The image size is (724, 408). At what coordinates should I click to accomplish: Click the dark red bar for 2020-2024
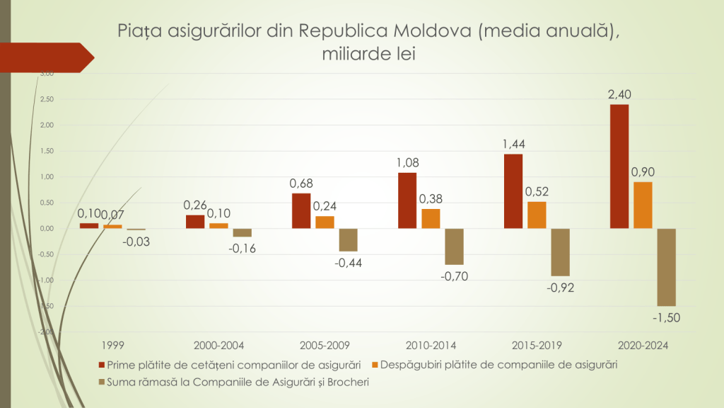[619, 166]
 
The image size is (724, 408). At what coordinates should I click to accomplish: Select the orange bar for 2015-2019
[537, 215]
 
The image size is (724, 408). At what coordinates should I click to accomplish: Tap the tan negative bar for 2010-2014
[454, 246]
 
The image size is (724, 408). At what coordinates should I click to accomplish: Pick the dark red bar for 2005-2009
[300, 211]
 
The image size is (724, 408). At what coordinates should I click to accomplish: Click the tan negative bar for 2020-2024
[666, 267]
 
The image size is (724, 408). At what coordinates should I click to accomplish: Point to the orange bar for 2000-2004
[218, 226]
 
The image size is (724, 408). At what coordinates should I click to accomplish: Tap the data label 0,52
[537, 191]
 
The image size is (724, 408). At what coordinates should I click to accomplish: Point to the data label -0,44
[348, 263]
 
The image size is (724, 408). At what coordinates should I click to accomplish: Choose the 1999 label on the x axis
[112, 346]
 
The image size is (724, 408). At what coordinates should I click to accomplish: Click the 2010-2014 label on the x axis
[431, 346]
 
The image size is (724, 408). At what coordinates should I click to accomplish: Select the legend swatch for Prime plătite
[102, 365]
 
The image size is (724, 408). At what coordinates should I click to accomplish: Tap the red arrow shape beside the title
[49, 57]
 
